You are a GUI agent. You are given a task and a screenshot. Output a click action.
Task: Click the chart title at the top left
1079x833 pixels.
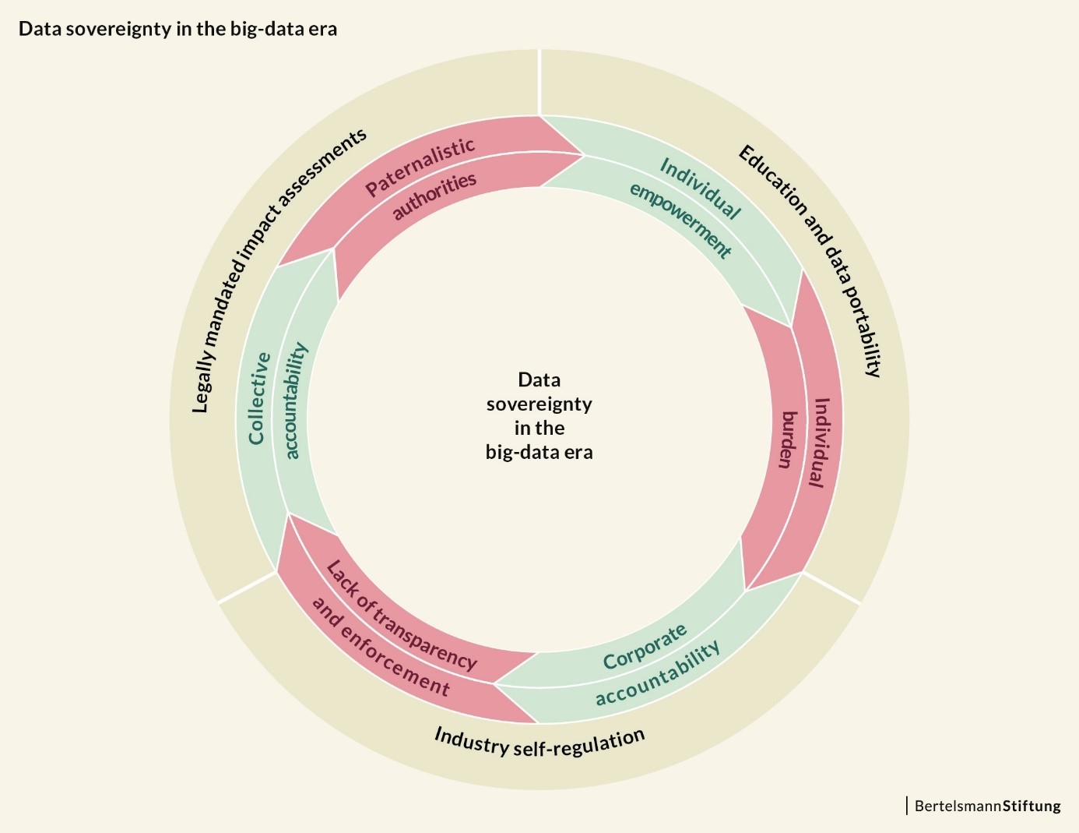point(177,30)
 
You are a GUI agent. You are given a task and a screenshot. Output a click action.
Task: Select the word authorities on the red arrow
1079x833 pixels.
point(434,196)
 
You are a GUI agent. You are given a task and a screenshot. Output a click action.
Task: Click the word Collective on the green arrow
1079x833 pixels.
point(259,398)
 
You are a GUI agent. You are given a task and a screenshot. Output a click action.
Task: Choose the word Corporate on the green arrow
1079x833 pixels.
point(645,647)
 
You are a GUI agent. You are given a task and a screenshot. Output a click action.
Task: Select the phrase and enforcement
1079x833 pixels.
point(381,647)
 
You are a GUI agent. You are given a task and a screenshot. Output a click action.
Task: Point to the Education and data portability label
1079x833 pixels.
point(810,260)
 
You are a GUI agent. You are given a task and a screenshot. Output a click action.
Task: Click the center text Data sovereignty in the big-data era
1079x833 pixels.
point(539,415)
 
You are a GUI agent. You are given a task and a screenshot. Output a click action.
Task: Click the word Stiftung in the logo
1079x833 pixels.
point(1032,806)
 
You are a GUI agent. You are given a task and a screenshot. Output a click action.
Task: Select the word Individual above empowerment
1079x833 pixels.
point(700,188)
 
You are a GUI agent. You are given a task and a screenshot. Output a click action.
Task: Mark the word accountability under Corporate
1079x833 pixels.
point(658,674)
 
